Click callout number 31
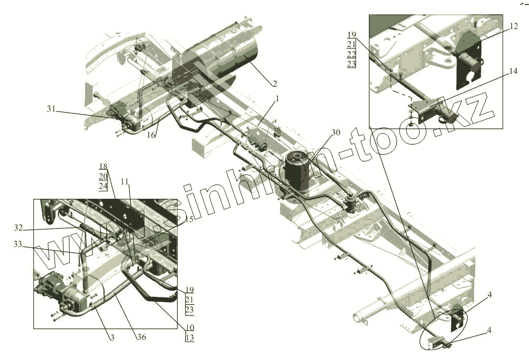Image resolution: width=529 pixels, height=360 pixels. click(51, 109)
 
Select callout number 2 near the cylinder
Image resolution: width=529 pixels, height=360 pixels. click(275, 84)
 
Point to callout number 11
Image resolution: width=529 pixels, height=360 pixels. click(124, 181)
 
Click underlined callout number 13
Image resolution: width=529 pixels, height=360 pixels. click(190, 337)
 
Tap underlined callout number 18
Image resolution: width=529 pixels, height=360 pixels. click(103, 166)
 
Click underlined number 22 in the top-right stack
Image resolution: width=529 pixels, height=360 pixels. click(352, 54)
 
